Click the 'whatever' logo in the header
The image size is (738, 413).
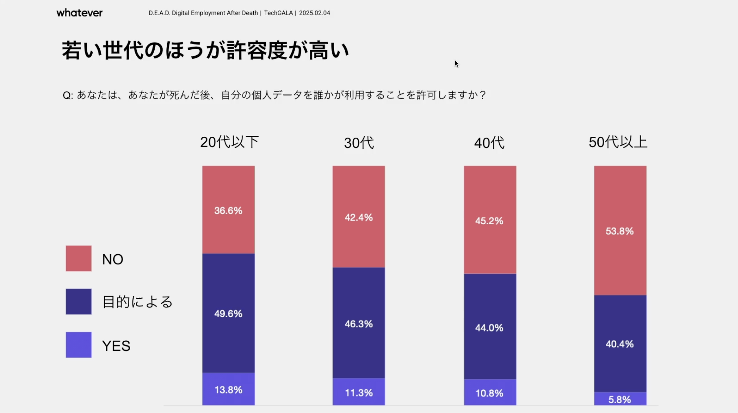click(x=79, y=13)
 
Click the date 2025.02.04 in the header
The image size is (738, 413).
click(x=314, y=13)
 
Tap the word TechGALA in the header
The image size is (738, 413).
click(x=278, y=13)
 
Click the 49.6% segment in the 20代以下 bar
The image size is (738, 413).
click(x=228, y=313)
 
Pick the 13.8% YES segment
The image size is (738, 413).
click(x=228, y=389)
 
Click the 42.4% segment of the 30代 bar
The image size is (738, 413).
click(x=359, y=217)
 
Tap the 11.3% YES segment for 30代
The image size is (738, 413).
click(x=359, y=392)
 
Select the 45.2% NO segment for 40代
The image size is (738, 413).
click(x=490, y=220)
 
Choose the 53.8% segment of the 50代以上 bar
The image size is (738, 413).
click(x=620, y=231)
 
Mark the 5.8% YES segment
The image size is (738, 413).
click(x=620, y=399)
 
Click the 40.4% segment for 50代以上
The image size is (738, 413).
click(x=620, y=344)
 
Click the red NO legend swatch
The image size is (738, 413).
click(x=79, y=258)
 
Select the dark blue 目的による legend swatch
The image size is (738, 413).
click(x=79, y=302)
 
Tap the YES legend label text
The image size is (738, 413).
click(x=116, y=345)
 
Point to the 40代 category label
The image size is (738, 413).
click(x=489, y=143)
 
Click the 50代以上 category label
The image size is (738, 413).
click(x=618, y=142)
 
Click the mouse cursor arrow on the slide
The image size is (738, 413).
click(x=456, y=64)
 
